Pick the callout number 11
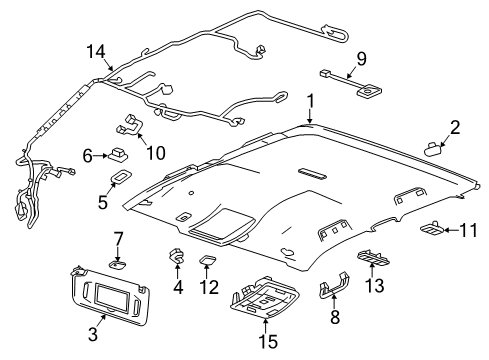click(x=468, y=231)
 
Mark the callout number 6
click(x=88, y=156)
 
